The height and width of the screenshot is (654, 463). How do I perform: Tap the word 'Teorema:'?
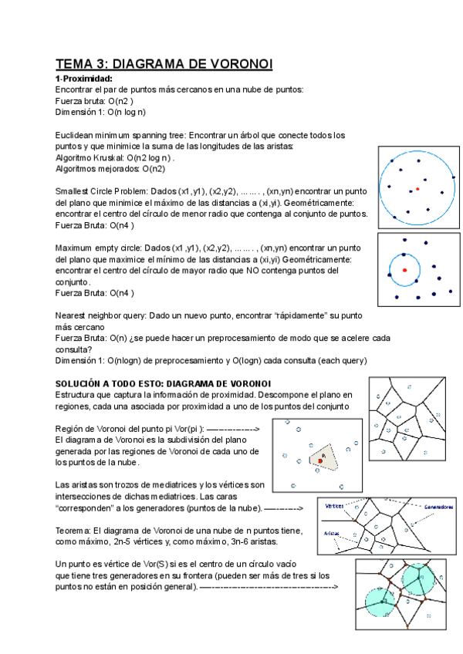point(76,531)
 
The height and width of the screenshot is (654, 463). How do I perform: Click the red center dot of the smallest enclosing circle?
point(417,188)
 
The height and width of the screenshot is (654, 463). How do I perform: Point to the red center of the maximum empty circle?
point(404,270)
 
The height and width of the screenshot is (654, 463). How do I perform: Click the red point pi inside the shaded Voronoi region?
point(319,460)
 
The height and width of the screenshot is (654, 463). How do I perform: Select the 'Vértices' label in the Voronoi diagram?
point(334,506)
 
